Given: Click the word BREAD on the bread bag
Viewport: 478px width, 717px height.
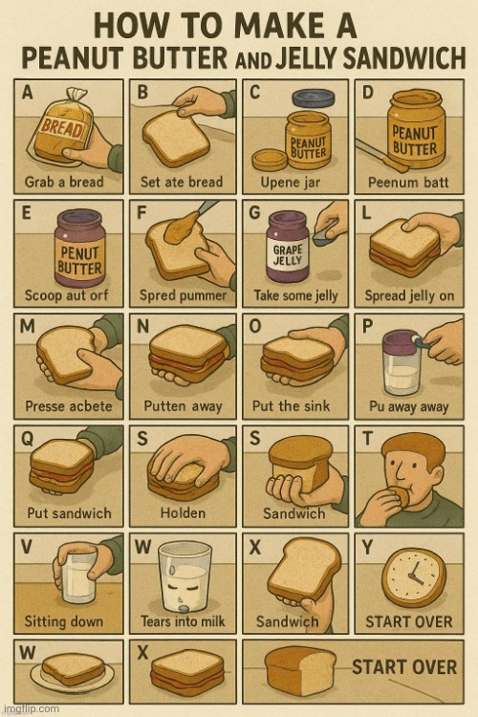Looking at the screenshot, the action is click(62, 127).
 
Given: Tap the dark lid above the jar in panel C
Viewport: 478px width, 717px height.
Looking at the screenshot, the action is click(314, 98).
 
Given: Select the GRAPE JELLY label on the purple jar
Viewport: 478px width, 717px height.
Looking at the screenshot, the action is click(288, 254).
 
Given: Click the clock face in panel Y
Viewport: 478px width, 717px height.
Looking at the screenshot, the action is click(414, 576).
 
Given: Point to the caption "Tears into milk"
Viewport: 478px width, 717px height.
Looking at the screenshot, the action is click(183, 621).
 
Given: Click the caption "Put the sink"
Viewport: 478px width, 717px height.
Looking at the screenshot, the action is click(291, 405).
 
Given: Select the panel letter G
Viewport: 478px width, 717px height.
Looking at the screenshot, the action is click(254, 213).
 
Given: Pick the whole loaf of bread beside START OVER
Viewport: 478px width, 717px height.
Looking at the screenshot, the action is click(299, 670).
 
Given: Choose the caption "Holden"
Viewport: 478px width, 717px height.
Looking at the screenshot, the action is click(183, 513).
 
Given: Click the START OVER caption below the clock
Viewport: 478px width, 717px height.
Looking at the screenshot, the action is click(409, 621).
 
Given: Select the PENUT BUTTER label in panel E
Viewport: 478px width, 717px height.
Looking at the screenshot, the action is click(79, 260).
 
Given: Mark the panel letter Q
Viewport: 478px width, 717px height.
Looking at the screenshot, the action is click(28, 439).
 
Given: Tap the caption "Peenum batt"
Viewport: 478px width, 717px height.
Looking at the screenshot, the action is click(408, 182).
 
